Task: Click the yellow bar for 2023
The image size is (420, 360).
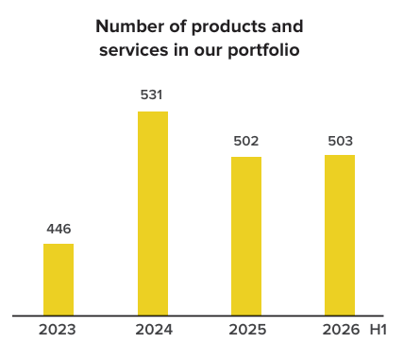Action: point(59,280)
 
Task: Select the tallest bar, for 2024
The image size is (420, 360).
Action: point(153,214)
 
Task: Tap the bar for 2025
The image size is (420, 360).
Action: point(246,236)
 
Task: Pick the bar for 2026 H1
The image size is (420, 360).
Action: point(340,235)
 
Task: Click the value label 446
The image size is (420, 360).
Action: point(59,229)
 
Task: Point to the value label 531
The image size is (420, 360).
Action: point(151,94)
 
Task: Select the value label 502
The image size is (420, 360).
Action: point(246,141)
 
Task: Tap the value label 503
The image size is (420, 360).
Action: point(341,141)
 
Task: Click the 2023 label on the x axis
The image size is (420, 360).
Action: point(58,330)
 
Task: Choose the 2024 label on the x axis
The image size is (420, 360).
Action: point(154,330)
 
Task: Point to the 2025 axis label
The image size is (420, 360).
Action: point(247,330)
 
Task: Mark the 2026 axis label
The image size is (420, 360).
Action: point(341,330)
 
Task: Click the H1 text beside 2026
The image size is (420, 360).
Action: point(378,330)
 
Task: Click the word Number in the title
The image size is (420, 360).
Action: point(130,26)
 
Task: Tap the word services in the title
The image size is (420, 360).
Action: point(134,50)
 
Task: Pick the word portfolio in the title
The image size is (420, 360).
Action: point(263,51)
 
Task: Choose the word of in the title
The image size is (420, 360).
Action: point(178,26)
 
